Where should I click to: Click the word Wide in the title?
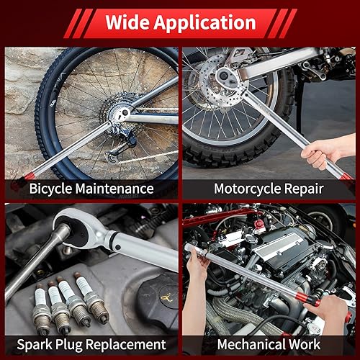pyautogui.click(x=127, y=22)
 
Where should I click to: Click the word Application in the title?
pyautogui.click(x=204, y=24)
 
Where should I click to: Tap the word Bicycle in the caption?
pyautogui.click(x=50, y=189)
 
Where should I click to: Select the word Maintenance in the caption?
pyautogui.click(x=114, y=189)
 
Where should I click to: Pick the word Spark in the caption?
pyautogui.click(x=35, y=345)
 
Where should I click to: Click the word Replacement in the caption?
pyautogui.click(x=125, y=345)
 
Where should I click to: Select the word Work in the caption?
pyautogui.click(x=304, y=344)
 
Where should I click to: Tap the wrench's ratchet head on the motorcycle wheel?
pyautogui.click(x=225, y=76)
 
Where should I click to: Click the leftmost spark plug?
pyautogui.click(x=42, y=310)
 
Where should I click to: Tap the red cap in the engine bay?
pyautogui.click(x=259, y=225)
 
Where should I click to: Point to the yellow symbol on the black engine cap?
pyautogui.click(x=166, y=297)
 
